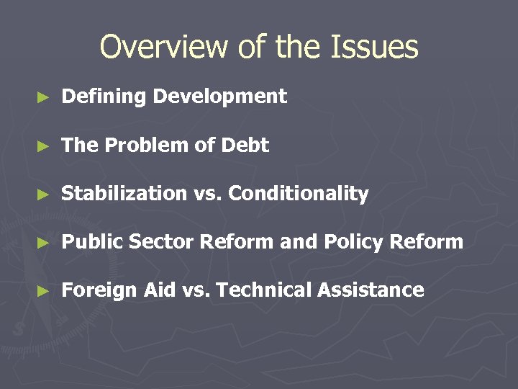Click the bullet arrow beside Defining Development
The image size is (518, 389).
pos(43,97)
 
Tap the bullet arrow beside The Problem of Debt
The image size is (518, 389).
pos(43,146)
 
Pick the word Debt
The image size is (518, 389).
pos(245,146)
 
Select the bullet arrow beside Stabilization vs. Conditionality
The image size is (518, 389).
pos(43,194)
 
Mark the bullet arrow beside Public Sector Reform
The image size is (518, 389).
pos(43,243)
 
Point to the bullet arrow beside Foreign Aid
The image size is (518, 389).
pos(43,291)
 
